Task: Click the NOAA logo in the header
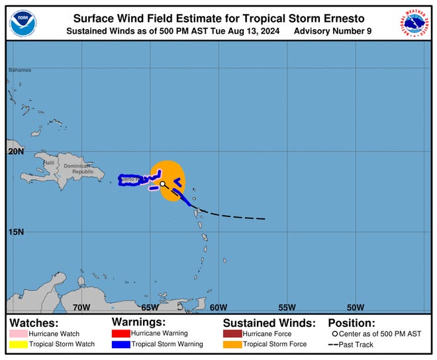coord(23,23)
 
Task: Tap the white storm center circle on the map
coord(162,185)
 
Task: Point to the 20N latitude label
coord(17,151)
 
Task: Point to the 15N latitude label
coord(17,232)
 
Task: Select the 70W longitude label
coord(81,307)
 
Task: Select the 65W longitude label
coord(150,307)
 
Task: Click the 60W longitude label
coord(218,307)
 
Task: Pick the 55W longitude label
coord(287,307)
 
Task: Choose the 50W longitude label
coord(356,307)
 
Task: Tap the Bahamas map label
coord(20,69)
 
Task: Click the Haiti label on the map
coord(49,163)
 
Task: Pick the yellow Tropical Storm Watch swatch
coord(17,344)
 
